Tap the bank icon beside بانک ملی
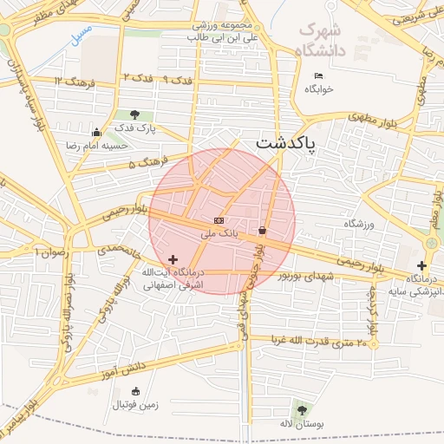(218, 221)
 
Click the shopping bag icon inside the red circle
(262, 231)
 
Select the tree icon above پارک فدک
(134, 114)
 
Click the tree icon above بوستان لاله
(301, 409)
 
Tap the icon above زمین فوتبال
(134, 391)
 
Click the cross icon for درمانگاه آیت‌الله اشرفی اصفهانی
(173, 259)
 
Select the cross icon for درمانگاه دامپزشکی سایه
(421, 265)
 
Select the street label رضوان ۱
(50, 251)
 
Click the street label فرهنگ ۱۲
(69, 82)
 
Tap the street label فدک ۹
(178, 80)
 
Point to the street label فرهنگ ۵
(143, 163)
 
